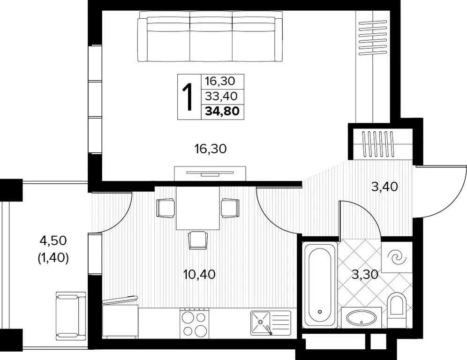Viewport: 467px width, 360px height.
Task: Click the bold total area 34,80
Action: pyautogui.click(x=223, y=112)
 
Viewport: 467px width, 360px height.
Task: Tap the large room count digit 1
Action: pyautogui.click(x=189, y=97)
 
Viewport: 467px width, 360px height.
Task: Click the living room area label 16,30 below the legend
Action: pyautogui.click(x=211, y=149)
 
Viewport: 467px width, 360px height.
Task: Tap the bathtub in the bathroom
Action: pyautogui.click(x=320, y=285)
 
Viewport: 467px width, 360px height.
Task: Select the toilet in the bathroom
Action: pyautogui.click(x=396, y=305)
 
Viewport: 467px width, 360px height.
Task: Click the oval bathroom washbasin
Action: pyautogui.click(x=361, y=319)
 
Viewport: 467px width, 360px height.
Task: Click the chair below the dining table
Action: pyautogui.click(x=198, y=240)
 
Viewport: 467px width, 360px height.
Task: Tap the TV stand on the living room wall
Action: pyautogui.click(x=210, y=173)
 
